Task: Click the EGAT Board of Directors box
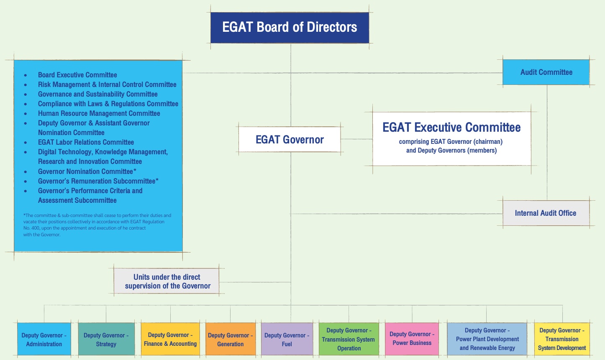tap(290, 28)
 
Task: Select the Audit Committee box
tap(546, 72)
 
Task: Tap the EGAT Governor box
tap(290, 139)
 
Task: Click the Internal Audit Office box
tap(546, 213)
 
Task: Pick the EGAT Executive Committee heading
tap(451, 128)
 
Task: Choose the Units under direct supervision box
tap(167, 281)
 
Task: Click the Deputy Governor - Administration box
tap(44, 339)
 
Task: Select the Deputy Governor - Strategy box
tap(106, 339)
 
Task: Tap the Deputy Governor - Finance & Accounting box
tap(170, 339)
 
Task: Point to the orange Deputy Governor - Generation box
tap(231, 339)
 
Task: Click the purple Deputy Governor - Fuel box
tap(287, 339)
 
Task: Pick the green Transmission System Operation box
tap(349, 339)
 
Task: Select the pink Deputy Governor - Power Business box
tap(412, 339)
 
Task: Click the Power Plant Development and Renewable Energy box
tap(487, 339)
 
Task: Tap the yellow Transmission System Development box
tap(562, 339)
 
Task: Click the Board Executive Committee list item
tap(77, 75)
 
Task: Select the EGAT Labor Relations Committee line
tap(86, 142)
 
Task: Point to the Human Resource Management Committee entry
tap(99, 113)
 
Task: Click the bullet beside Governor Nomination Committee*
tap(26, 171)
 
